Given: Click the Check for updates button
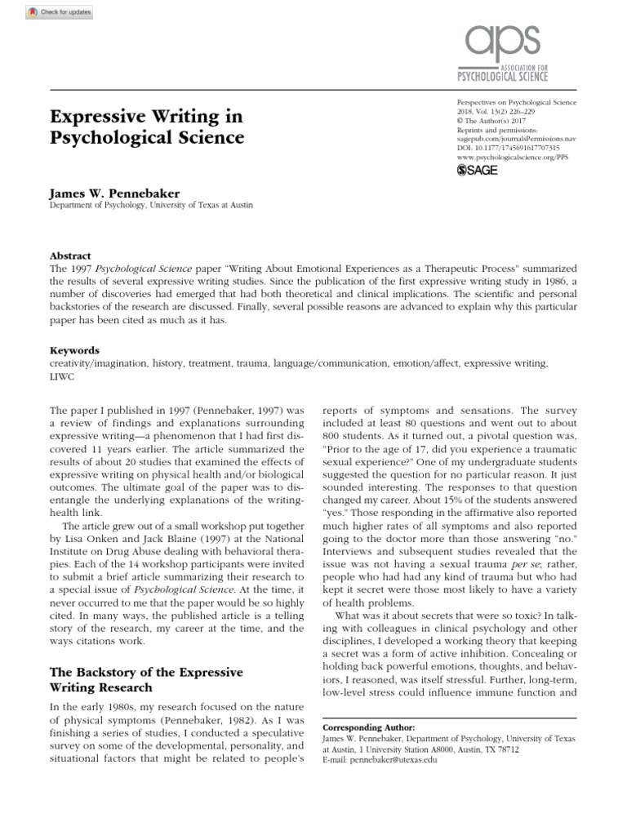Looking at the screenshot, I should [48, 13].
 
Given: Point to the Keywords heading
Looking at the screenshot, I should [75, 349].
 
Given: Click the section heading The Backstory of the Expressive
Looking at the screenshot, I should [147, 672].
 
